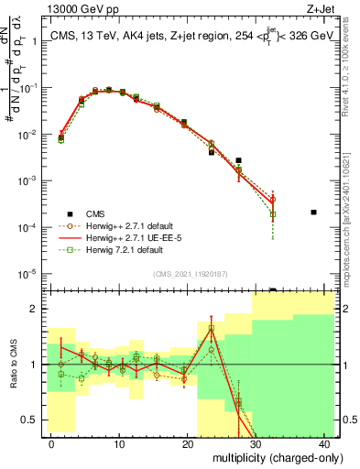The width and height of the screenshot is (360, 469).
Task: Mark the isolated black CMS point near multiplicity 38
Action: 313,213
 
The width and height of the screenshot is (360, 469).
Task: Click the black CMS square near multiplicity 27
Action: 238,160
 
